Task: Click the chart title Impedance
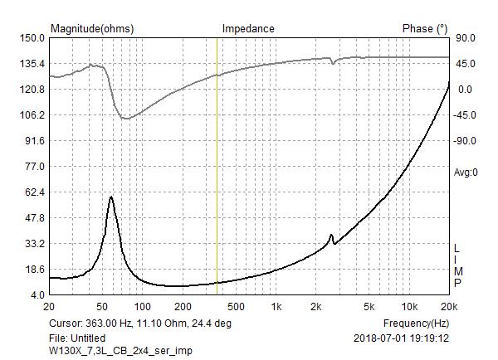coord(247,28)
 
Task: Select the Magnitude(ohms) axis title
coord(91,28)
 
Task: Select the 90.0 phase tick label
coord(464,37)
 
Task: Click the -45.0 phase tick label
coord(466,114)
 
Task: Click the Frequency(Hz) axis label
coord(416,323)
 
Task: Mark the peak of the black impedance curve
coord(110,197)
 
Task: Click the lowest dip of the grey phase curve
coord(125,119)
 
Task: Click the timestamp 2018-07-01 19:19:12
coord(401,338)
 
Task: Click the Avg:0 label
coord(464,173)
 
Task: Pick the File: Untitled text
coord(77,338)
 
